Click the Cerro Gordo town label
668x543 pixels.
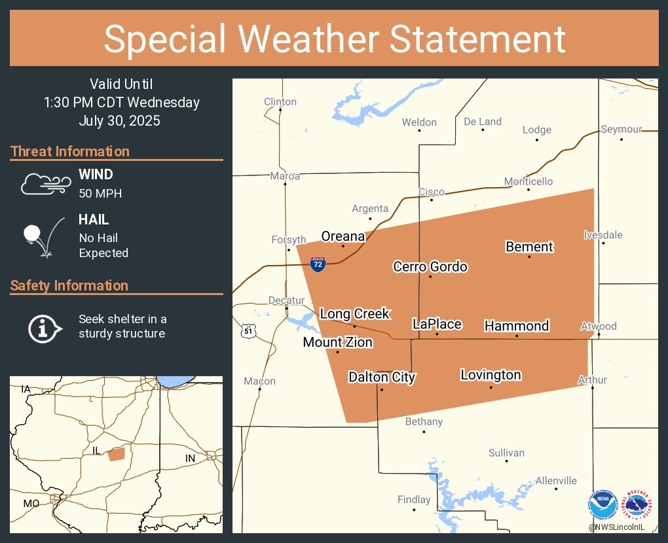[430, 266]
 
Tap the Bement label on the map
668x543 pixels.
[529, 247]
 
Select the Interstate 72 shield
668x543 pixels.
[318, 264]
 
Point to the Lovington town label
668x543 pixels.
[491, 375]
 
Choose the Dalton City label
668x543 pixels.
[382, 377]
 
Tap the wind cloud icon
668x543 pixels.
[45, 184]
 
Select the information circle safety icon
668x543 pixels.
[44, 327]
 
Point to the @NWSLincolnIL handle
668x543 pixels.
[616, 527]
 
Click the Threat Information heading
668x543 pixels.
[70, 152]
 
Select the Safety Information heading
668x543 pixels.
[69, 286]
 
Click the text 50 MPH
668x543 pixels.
[100, 193]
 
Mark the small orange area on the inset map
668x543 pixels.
[116, 454]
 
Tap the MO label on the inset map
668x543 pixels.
[31, 503]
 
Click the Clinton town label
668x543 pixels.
[280, 101]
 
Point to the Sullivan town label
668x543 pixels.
[506, 453]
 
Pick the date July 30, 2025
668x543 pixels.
[119, 121]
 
